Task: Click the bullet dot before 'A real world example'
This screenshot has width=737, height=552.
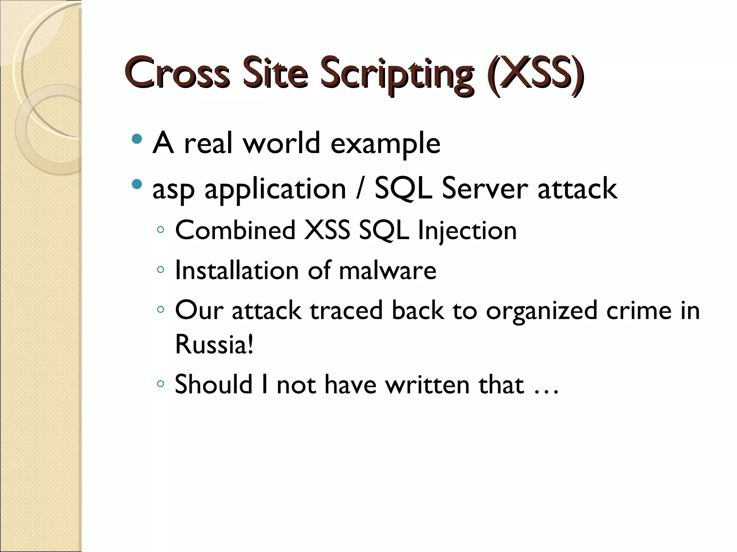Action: (137, 138)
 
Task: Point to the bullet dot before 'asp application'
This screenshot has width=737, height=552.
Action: (137, 184)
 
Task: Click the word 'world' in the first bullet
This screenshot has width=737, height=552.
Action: (281, 143)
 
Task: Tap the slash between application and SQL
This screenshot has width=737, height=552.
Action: (360, 189)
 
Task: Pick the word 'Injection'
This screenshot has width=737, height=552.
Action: (467, 232)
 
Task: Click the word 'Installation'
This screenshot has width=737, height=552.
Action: (237, 270)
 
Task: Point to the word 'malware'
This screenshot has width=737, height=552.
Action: (388, 270)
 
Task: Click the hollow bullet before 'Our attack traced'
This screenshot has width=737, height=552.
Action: (160, 309)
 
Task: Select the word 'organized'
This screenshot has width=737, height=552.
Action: (542, 311)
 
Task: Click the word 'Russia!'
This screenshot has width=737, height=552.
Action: (214, 344)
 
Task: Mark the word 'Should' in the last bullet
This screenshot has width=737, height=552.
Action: (214, 384)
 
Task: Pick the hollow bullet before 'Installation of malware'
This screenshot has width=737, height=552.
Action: (160, 269)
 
